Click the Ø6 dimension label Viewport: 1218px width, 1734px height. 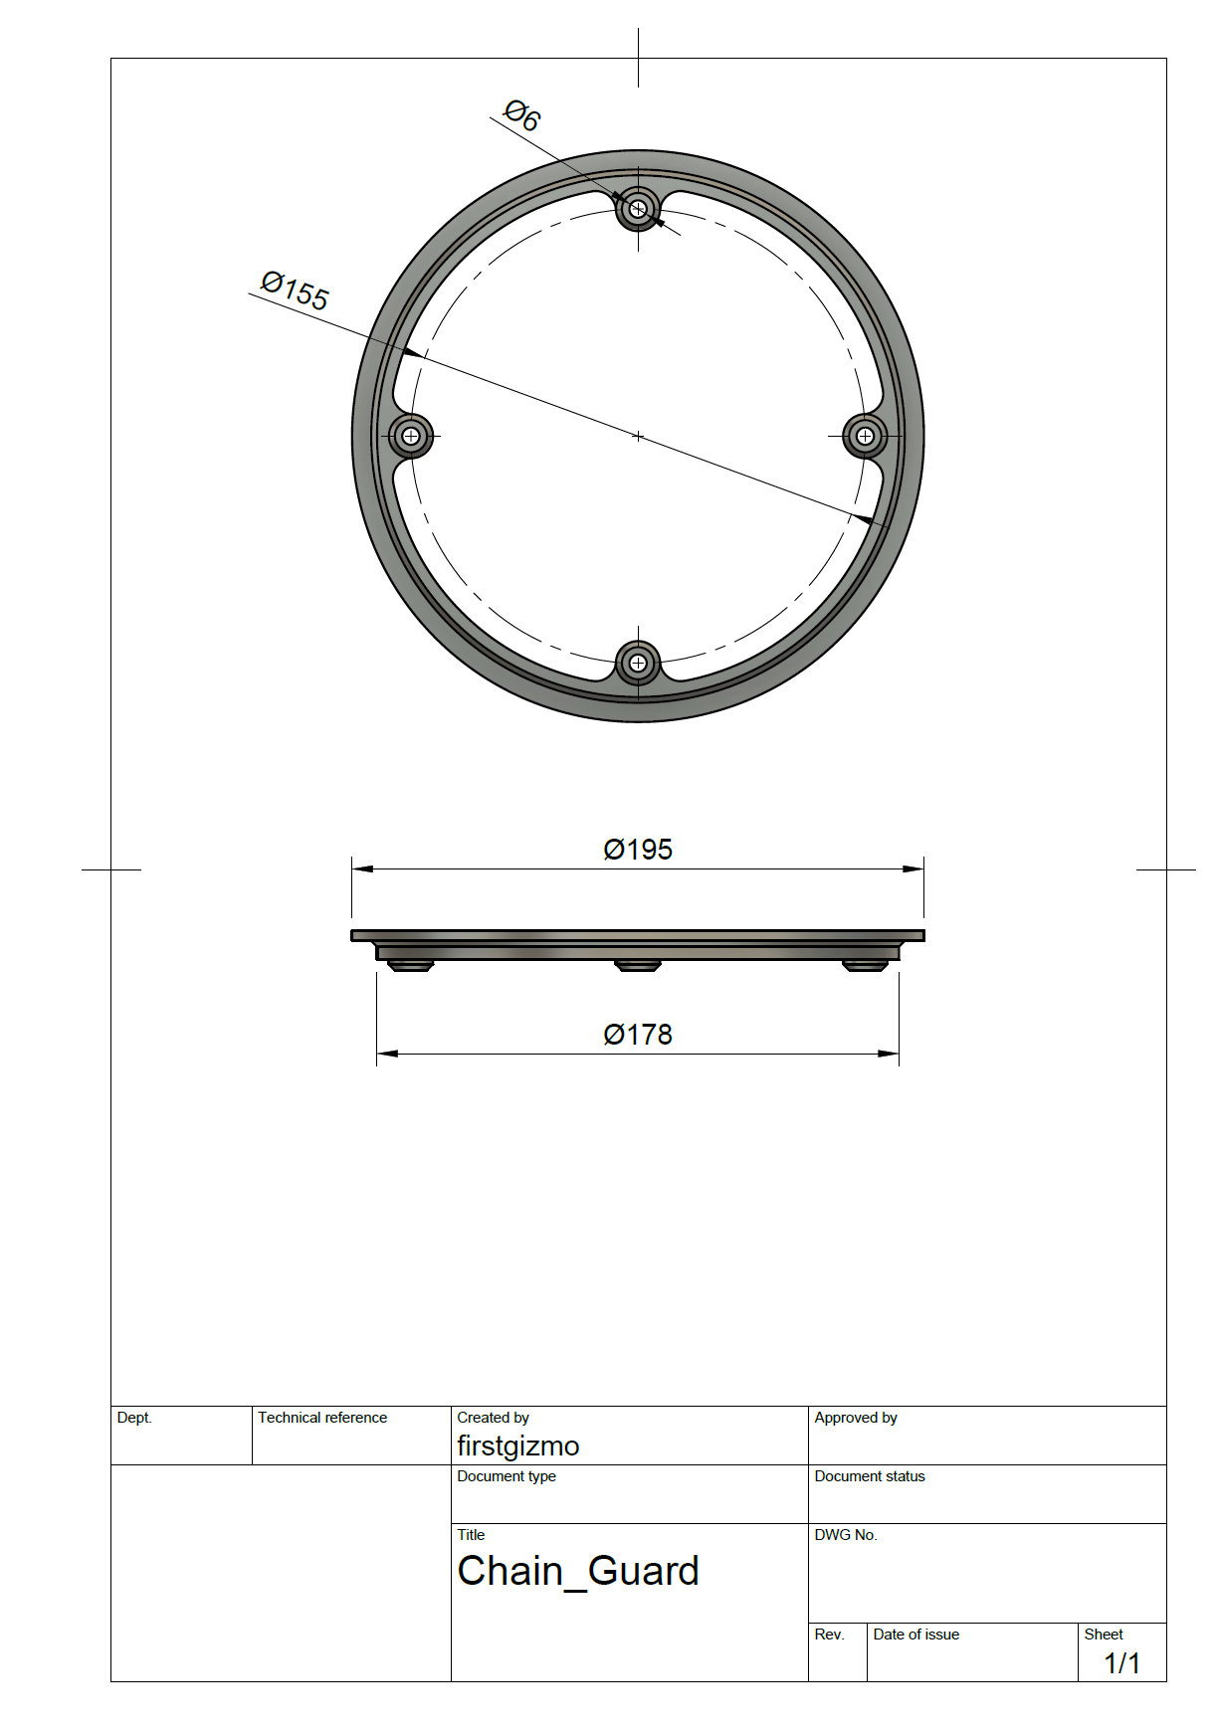tap(521, 114)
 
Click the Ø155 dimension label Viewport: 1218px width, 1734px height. tap(295, 290)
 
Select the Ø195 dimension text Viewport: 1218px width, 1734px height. tap(638, 850)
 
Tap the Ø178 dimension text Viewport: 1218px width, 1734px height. tap(638, 1035)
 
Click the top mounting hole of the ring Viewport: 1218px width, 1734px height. tap(638, 209)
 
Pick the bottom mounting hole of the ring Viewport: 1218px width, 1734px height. tap(638, 663)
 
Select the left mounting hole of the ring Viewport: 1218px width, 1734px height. tap(410, 436)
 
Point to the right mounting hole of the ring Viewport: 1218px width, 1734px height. tap(865, 436)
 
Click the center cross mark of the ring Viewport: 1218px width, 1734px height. tap(638, 436)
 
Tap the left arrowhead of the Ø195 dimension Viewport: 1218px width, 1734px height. tap(362, 868)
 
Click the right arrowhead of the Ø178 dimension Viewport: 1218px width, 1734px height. tap(889, 1054)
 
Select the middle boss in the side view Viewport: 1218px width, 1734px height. tap(638, 965)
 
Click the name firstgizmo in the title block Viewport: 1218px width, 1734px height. tap(517, 1445)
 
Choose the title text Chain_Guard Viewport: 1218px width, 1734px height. tap(578, 1572)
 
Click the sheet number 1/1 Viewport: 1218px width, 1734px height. tap(1121, 1662)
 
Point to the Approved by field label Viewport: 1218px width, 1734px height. tap(856, 1418)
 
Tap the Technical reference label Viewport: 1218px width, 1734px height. tap(322, 1418)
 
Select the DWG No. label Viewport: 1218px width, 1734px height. tap(846, 1535)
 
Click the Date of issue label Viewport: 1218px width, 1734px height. tap(915, 1635)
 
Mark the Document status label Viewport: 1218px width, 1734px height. tap(870, 1476)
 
